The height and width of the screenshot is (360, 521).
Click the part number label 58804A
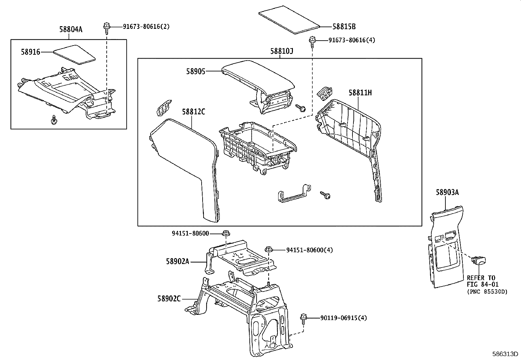(71, 29)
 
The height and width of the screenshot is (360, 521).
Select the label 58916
(30, 52)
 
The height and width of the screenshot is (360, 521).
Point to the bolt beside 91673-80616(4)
(312, 41)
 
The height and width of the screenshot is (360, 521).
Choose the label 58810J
(281, 51)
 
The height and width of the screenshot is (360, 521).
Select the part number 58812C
(193, 112)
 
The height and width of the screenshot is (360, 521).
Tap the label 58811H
(360, 93)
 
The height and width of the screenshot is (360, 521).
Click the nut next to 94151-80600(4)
(269, 250)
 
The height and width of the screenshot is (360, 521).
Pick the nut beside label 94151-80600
(226, 234)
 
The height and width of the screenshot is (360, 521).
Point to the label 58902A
(177, 261)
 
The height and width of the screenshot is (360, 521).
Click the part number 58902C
(169, 299)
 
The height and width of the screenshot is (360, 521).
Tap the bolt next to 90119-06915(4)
(303, 318)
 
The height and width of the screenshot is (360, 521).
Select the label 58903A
(447, 193)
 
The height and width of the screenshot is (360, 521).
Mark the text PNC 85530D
(487, 291)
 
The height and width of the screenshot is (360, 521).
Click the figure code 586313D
(506, 354)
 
